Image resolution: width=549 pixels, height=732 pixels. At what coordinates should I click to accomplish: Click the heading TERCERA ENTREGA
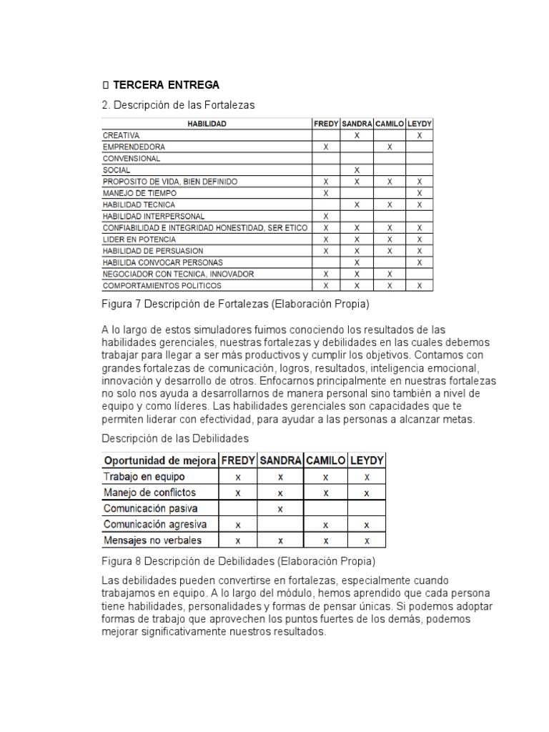pos(166,85)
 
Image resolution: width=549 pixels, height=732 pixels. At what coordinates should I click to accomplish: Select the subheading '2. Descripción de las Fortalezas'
pos(178,105)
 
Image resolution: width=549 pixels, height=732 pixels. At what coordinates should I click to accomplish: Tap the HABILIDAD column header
pos(207,124)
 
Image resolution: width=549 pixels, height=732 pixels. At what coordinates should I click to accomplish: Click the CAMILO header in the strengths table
pos(390,124)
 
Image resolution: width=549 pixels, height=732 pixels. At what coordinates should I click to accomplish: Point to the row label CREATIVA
pos(122,135)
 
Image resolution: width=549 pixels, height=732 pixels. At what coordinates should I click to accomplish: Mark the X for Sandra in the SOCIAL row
pos(357,170)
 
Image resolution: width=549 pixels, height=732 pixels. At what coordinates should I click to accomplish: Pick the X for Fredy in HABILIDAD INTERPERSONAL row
pos(326,216)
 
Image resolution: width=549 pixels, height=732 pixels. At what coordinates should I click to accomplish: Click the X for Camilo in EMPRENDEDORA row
pos(390,147)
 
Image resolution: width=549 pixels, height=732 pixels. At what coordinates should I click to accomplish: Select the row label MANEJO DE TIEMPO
pos(139,193)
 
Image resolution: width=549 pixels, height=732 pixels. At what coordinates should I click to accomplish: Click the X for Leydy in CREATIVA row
pos(420,135)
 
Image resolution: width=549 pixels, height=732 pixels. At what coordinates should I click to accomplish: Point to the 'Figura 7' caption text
pos(236,305)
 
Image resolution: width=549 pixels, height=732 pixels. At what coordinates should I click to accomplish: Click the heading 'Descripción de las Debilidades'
pos(176,437)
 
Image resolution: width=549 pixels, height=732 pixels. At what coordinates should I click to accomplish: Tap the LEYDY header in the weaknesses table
pos(367,460)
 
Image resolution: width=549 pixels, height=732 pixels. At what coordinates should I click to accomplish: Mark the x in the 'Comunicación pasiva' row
pos(280,509)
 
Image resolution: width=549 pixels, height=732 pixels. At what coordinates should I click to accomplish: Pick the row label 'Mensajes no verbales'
pos(152,540)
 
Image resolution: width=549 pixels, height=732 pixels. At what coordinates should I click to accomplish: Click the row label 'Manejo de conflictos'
pos(149,493)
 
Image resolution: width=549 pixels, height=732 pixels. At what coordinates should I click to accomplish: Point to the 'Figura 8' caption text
pos(239,560)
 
